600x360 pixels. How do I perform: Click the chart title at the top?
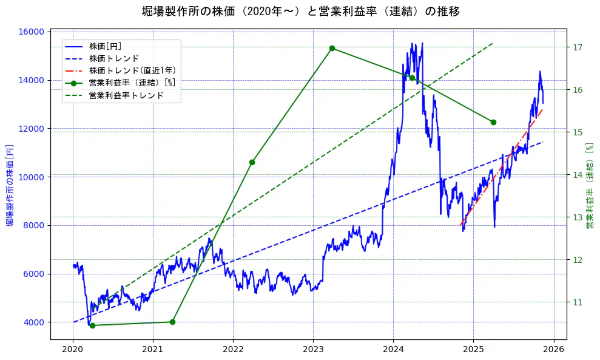pos(300,11)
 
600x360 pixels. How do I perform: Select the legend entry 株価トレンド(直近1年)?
pos(132,70)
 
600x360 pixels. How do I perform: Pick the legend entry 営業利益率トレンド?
pos(126,95)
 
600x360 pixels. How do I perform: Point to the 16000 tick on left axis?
pos(33,32)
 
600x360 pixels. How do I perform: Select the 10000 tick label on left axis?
pos(33,177)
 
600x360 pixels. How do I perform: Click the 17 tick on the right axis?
pos(578,47)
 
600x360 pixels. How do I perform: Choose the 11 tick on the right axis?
pos(578,302)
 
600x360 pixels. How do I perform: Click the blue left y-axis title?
pos(10,186)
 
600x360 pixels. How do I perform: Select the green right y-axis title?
pos(589,186)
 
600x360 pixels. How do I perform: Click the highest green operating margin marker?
pos(332,48)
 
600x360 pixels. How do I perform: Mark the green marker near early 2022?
pos(252,162)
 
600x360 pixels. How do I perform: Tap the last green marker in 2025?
pos(493,123)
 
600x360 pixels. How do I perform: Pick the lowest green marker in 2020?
pos(92,325)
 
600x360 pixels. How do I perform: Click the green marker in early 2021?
pos(172,322)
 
